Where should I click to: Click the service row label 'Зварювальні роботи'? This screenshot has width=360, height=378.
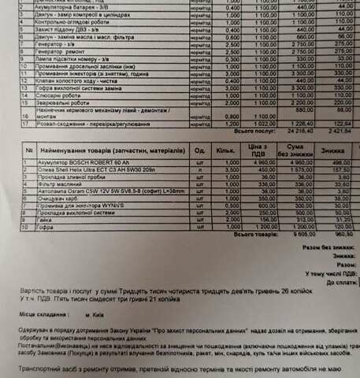pos(56,103)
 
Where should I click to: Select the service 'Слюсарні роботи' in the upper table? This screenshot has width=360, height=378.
pos(52,95)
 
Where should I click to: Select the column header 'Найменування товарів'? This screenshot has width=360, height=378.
pos(111,150)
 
